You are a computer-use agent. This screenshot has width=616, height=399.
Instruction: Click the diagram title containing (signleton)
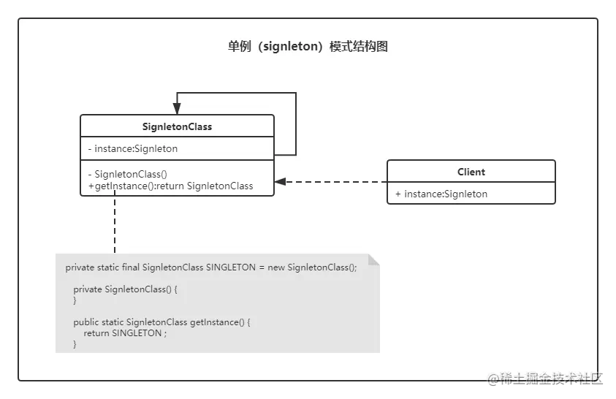click(308, 47)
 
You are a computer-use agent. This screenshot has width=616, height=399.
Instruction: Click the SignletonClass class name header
click(177, 126)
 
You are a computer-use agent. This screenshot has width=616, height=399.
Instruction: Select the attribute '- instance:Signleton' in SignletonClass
click(132, 148)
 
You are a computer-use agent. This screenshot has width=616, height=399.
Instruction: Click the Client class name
click(471, 172)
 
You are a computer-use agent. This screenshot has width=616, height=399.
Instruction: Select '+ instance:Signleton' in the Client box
click(441, 194)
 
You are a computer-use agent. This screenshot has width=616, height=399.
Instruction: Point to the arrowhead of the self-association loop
click(177, 108)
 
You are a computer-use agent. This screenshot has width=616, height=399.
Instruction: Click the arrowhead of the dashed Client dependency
click(280, 181)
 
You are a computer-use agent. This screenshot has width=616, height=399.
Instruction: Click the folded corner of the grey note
click(373, 259)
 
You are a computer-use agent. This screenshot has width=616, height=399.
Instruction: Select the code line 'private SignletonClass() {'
click(125, 289)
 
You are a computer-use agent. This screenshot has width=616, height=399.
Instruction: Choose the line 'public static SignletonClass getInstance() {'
click(161, 322)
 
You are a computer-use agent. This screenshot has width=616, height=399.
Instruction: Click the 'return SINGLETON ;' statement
click(125, 333)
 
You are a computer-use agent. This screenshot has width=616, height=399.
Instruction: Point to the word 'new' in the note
click(276, 267)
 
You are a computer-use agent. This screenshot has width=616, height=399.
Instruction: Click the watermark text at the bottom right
click(544, 378)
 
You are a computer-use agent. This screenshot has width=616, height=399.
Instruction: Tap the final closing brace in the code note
click(75, 344)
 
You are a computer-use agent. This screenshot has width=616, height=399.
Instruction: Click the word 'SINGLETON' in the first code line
click(231, 267)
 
